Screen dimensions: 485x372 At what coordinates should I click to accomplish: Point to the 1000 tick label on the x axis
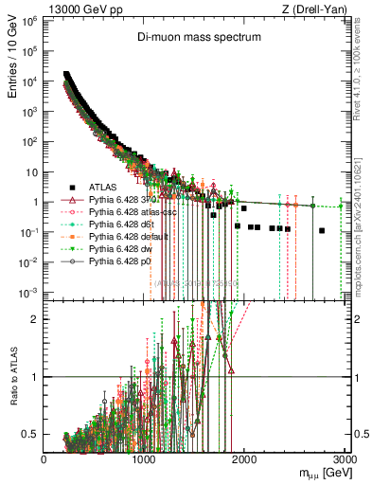144,459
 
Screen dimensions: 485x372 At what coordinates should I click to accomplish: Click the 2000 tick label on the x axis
244,459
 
